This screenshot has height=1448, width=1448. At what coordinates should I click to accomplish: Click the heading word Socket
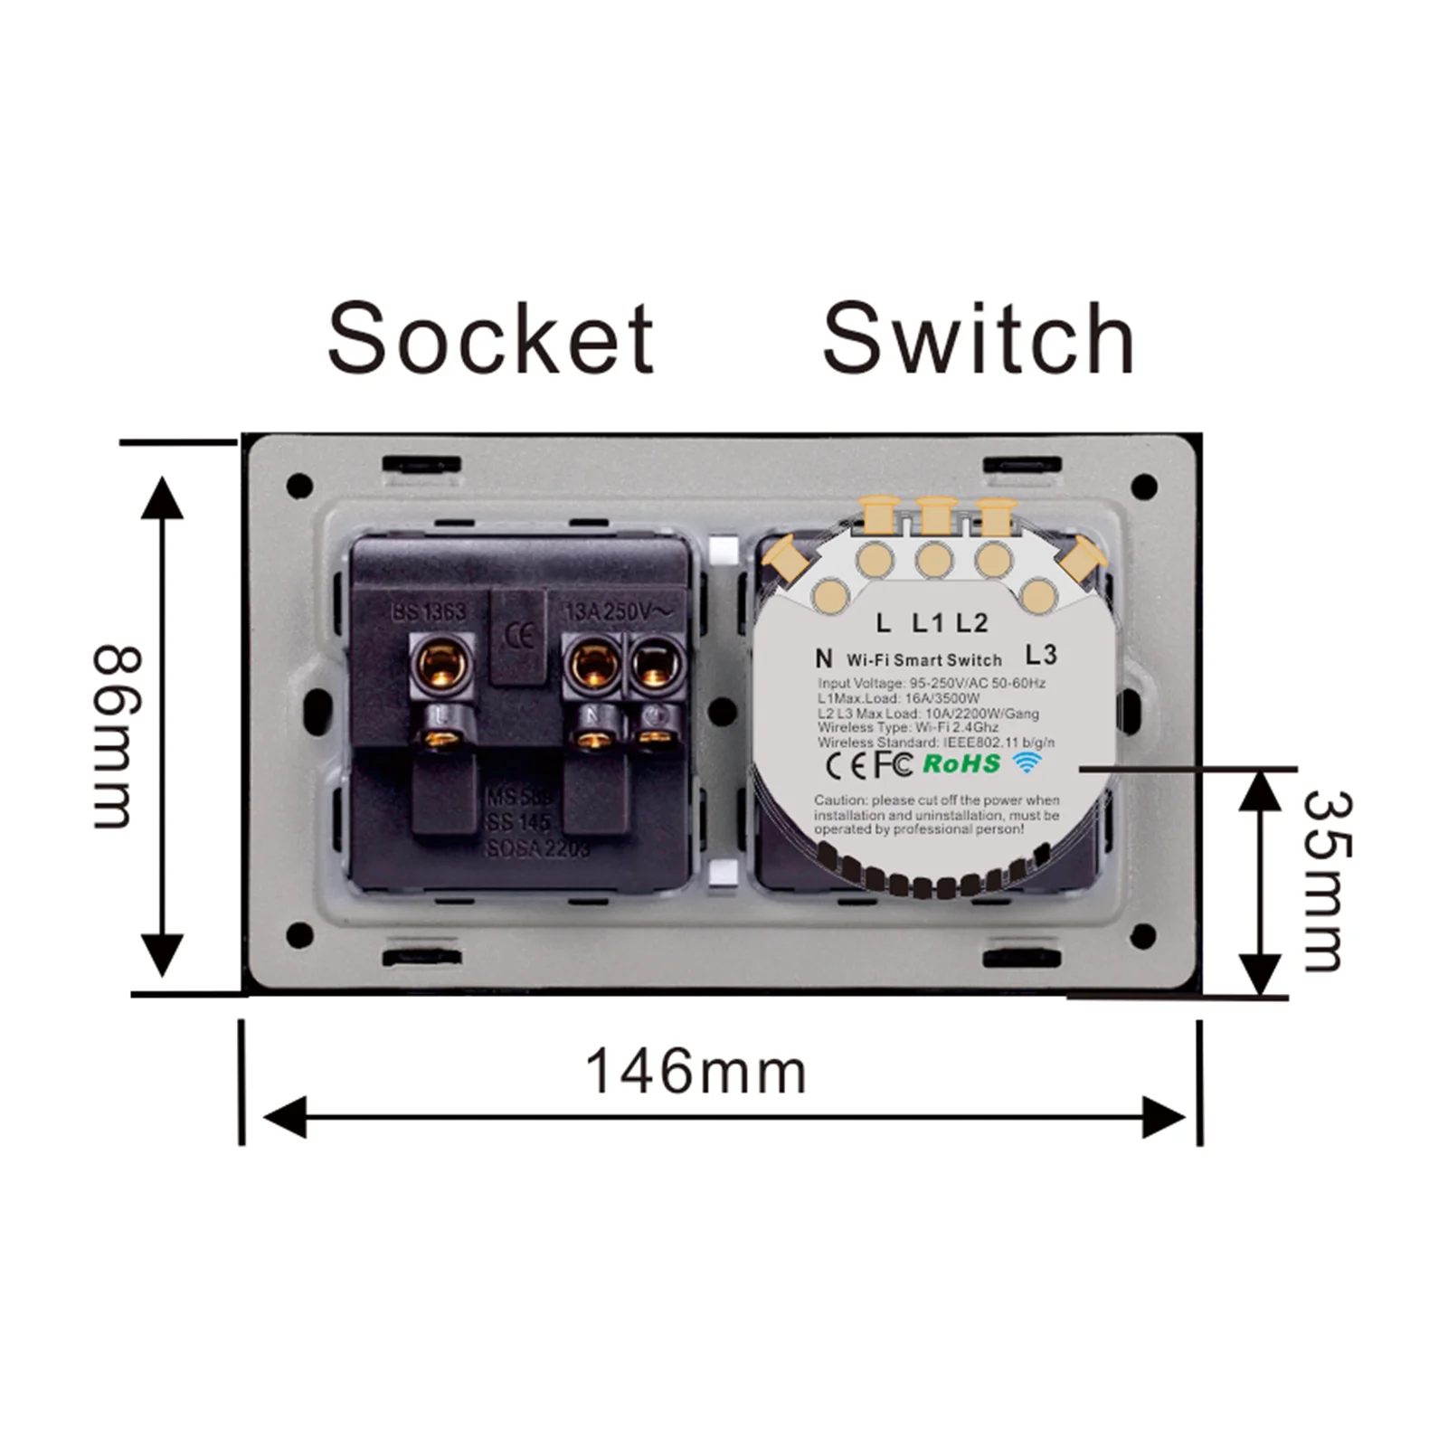point(490,339)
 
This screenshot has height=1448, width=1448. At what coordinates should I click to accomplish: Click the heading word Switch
point(978,339)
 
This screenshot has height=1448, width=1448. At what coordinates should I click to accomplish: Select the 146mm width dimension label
point(696,1072)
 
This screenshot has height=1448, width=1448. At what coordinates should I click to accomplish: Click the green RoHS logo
point(961,763)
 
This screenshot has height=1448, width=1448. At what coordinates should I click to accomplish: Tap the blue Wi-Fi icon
point(1027,762)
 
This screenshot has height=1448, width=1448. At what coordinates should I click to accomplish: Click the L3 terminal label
point(1042,654)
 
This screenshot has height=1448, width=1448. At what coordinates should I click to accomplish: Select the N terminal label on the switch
point(823,658)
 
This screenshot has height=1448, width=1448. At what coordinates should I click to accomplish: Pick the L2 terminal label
point(972,622)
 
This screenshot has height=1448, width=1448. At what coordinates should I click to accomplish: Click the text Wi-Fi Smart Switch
point(924,660)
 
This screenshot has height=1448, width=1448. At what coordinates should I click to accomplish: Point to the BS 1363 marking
point(429,612)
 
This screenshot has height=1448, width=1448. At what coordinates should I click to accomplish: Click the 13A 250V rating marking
point(619,611)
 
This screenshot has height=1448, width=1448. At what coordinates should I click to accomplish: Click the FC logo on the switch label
point(892,764)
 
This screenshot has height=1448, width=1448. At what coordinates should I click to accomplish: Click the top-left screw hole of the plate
point(299,486)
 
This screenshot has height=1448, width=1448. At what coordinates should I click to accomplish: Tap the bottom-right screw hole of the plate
point(1144,936)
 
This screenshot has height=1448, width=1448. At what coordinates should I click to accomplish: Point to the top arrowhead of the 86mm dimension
point(162,497)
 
